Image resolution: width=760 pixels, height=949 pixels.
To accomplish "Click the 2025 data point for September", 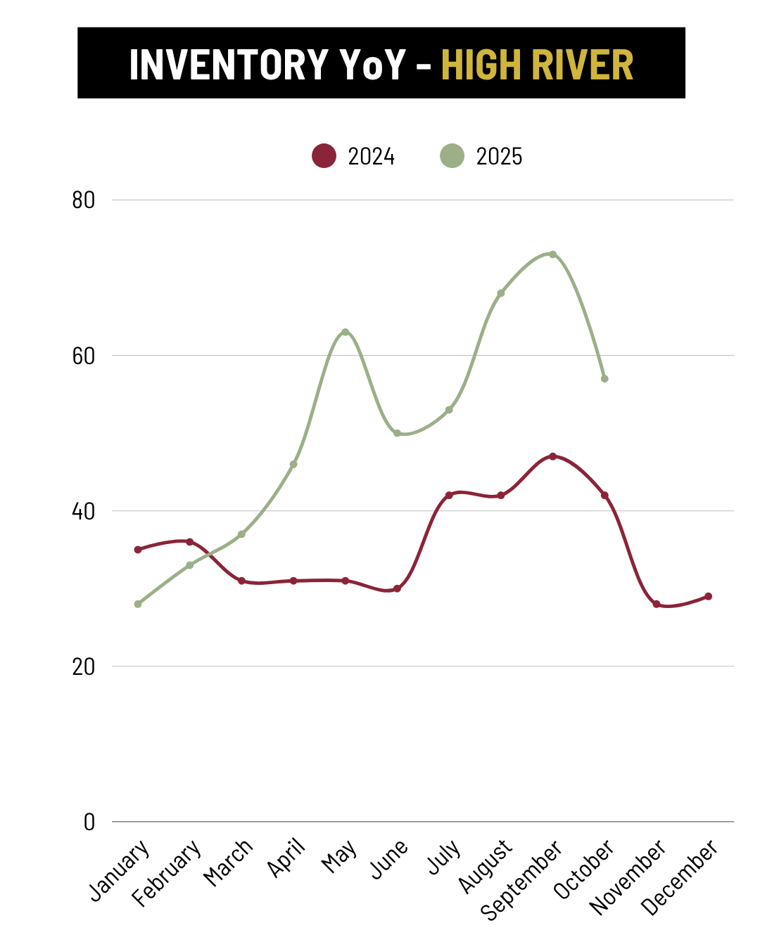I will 552,254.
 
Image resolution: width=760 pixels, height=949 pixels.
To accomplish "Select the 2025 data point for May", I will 345,332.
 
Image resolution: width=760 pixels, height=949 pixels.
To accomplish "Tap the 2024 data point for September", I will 552,456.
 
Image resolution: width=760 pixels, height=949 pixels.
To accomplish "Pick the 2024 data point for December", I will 708,596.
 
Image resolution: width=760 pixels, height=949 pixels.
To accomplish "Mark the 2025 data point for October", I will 604,378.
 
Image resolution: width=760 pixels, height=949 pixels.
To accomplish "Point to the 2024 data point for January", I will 138,549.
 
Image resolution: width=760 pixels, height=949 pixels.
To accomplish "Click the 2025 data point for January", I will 138,604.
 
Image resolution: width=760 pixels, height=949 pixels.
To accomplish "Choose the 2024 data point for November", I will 657,604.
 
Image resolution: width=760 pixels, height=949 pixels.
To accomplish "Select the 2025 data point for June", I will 397,433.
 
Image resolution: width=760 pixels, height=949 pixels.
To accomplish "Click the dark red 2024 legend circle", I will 324,155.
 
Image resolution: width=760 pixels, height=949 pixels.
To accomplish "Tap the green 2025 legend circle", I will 452,155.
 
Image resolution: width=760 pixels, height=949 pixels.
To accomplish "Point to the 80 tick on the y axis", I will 84,200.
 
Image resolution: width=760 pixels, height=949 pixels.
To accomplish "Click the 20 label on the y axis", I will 84,666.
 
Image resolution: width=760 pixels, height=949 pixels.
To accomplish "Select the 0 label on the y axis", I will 89,822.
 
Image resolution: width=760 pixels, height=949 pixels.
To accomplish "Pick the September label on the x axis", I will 522,879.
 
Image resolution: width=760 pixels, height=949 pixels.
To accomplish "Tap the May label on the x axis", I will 340,857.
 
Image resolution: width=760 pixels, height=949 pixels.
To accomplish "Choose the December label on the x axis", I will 680,877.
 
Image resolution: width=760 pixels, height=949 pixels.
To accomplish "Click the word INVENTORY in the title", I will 229,65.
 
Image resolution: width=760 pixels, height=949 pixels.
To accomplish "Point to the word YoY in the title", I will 373,65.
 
